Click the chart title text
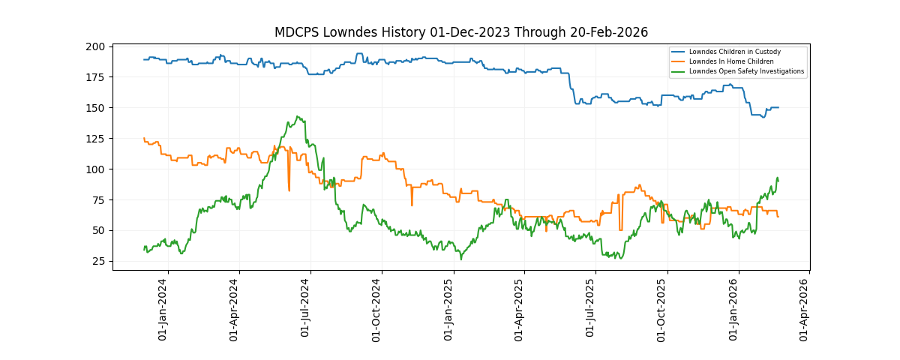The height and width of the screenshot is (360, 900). [x=460, y=32]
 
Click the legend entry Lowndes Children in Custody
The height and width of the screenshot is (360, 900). [x=734, y=52]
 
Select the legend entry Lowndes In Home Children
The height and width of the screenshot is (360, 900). [x=731, y=61]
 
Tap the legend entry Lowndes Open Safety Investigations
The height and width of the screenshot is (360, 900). [x=746, y=71]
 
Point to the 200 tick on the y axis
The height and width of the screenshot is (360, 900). [x=96, y=46]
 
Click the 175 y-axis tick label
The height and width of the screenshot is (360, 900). [x=96, y=77]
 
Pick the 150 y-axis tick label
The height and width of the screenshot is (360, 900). [x=96, y=108]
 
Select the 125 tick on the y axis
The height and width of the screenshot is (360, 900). [x=96, y=139]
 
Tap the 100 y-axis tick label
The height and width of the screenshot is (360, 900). [x=96, y=169]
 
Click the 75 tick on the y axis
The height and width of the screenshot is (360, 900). [x=99, y=200]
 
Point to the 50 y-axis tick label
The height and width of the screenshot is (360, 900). [x=99, y=230]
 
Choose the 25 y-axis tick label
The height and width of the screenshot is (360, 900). [x=99, y=261]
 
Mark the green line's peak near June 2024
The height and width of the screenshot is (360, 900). [x=298, y=117]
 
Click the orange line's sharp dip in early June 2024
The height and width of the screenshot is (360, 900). [x=289, y=190]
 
